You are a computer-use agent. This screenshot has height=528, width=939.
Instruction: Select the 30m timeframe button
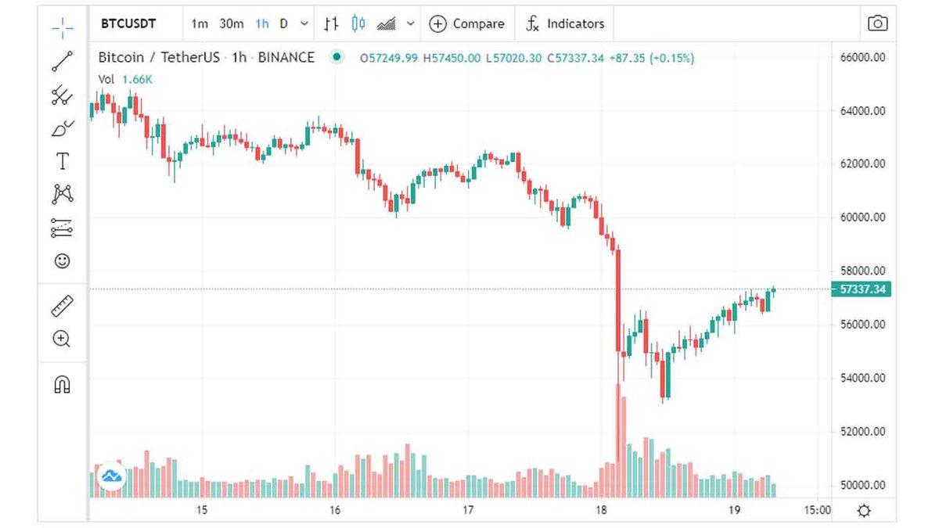(x=232, y=23)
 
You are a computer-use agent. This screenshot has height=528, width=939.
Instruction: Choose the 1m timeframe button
(x=200, y=23)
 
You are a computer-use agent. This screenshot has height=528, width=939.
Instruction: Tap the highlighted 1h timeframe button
(x=261, y=23)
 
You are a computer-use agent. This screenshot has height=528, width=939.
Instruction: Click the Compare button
(x=467, y=23)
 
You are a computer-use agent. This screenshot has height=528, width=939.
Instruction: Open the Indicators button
(x=565, y=23)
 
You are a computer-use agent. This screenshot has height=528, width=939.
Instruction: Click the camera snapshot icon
(x=877, y=23)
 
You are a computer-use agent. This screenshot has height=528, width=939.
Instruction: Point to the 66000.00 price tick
(x=863, y=57)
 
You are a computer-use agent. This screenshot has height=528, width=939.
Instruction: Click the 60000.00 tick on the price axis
(x=863, y=217)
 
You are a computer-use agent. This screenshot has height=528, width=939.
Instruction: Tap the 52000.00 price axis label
(x=863, y=432)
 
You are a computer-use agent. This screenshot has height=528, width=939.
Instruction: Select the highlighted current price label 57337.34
(x=862, y=289)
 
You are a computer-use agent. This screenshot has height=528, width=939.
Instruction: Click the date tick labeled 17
(x=468, y=511)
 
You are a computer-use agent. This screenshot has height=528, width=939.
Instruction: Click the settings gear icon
(x=863, y=511)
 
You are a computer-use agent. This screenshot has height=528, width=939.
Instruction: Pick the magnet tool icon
(x=62, y=384)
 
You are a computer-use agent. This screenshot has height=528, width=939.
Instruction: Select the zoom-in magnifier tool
(x=62, y=339)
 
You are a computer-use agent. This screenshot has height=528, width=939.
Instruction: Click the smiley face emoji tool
(x=62, y=260)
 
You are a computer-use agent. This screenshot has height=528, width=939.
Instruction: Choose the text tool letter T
(x=62, y=162)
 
